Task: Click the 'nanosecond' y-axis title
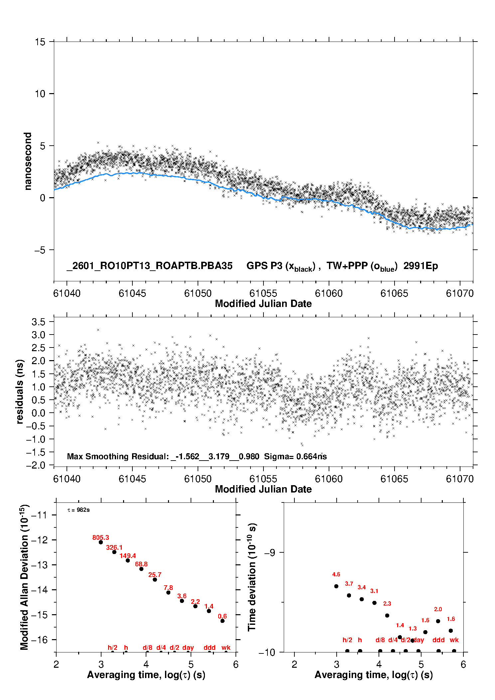pyautogui.click(x=28, y=161)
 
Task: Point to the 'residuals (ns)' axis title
pyautogui.click(x=20, y=391)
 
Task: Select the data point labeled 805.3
pyautogui.click(x=101, y=542)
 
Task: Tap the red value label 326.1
pyautogui.click(x=114, y=547)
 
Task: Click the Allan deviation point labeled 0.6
pyautogui.click(x=223, y=621)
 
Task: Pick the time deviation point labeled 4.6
pyautogui.click(x=336, y=586)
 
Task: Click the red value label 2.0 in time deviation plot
pyautogui.click(x=438, y=609)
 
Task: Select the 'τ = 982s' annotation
pyautogui.click(x=79, y=510)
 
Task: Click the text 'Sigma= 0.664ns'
pyautogui.click(x=295, y=457)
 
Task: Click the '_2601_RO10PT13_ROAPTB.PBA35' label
pyautogui.click(x=149, y=266)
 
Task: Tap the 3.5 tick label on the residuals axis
pyautogui.click(x=39, y=322)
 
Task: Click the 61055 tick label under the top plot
pyautogui.click(x=263, y=293)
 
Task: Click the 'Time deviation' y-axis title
pyautogui.click(x=252, y=577)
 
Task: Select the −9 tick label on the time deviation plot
pyautogui.click(x=270, y=553)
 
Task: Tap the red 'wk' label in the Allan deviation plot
pyautogui.click(x=226, y=647)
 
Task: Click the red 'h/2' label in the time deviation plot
pyautogui.click(x=347, y=640)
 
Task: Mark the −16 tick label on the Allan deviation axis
pyautogui.click(x=39, y=640)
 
